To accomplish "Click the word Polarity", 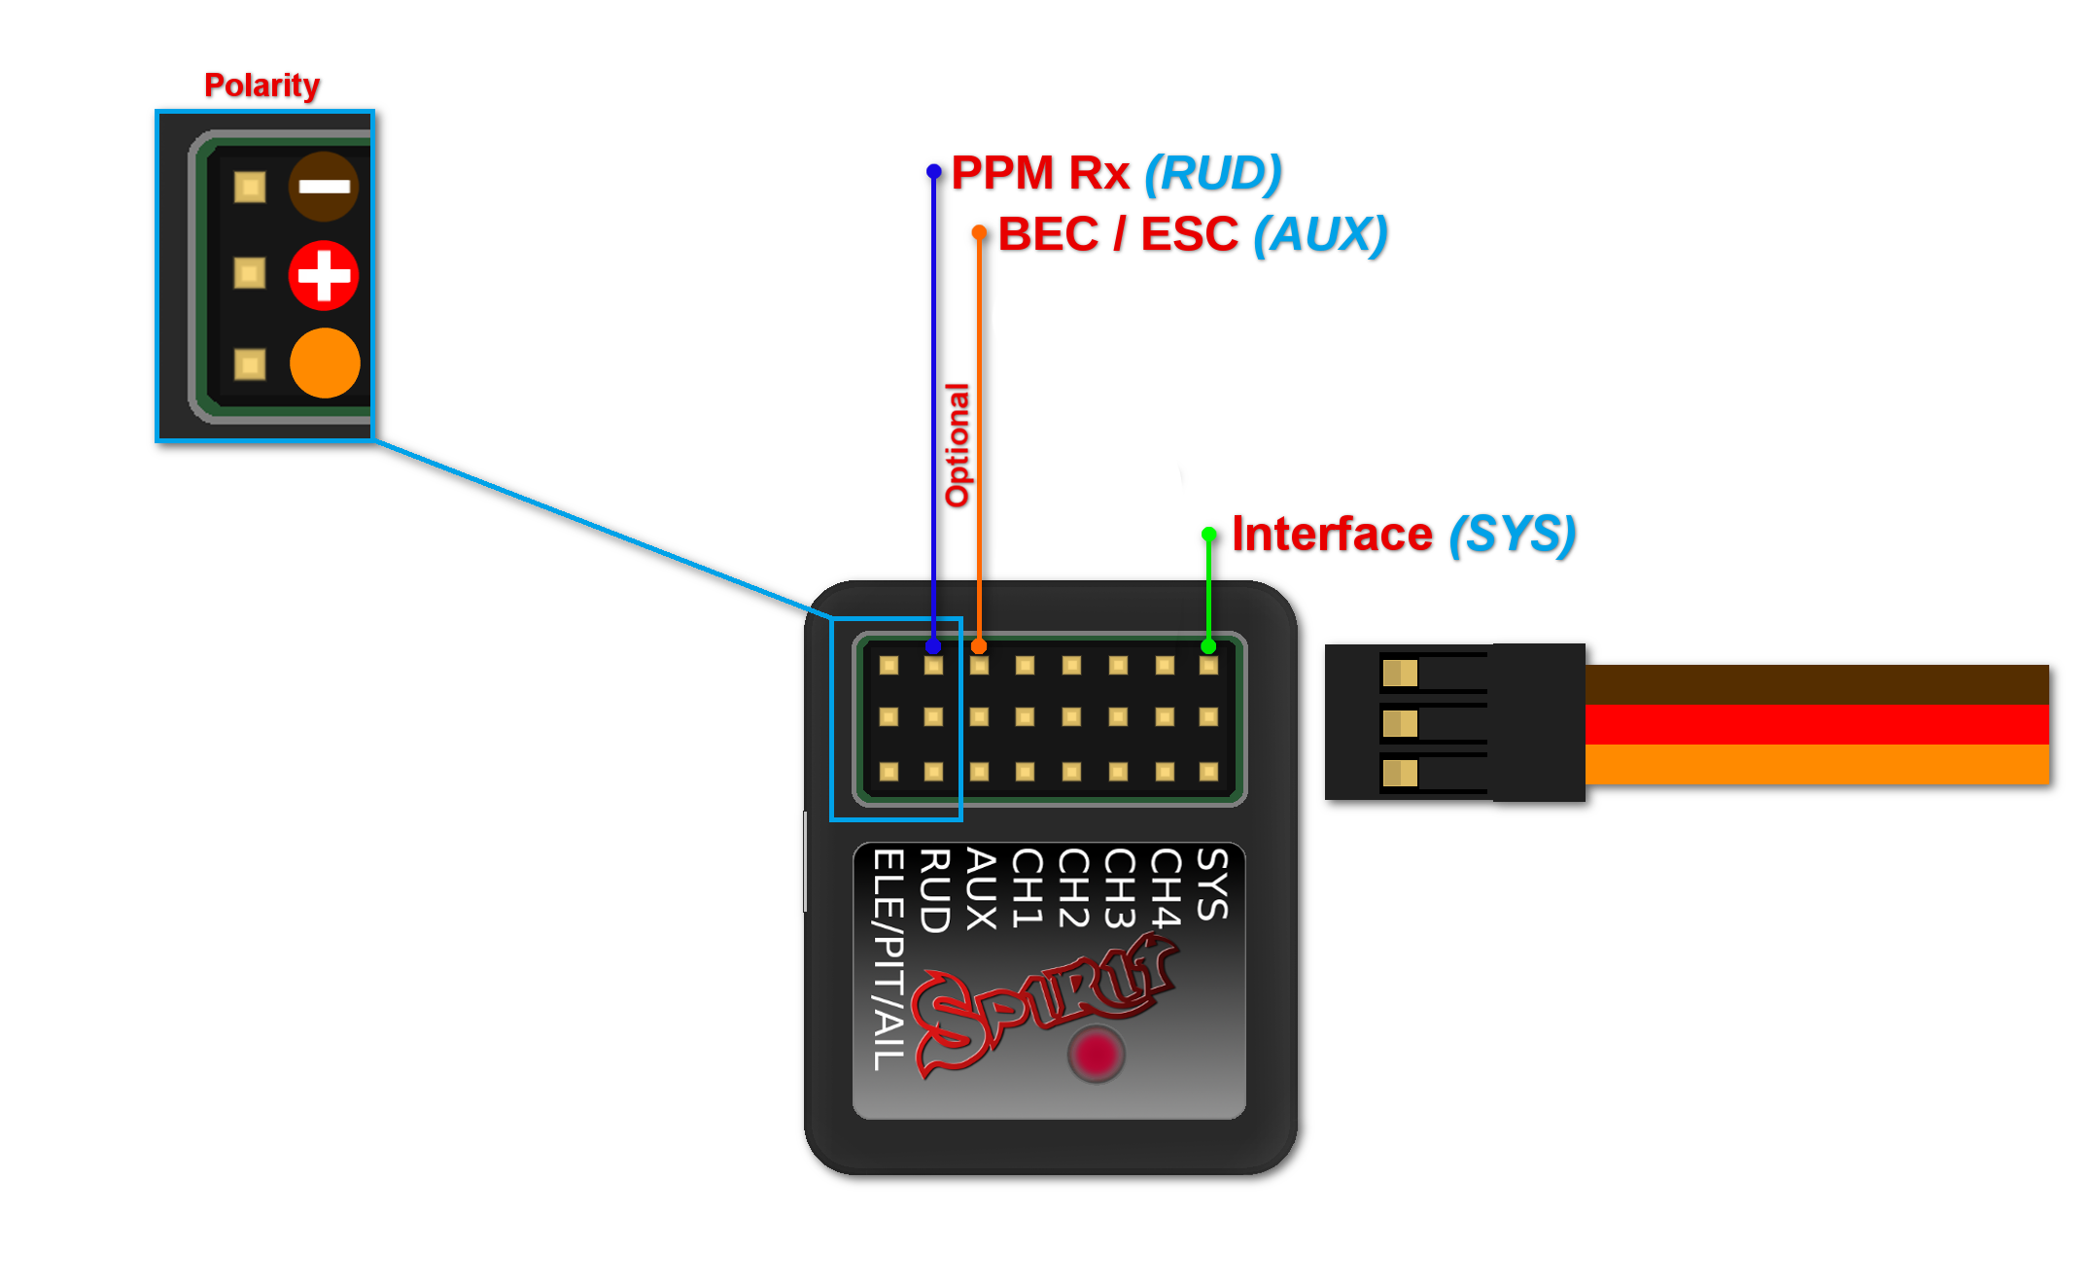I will click(x=261, y=86).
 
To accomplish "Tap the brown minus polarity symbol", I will click(x=324, y=187).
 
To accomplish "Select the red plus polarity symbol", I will click(x=324, y=275).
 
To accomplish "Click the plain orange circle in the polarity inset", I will click(x=325, y=363).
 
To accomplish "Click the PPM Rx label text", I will click(x=1039, y=173).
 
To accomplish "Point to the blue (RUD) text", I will click(x=1212, y=173).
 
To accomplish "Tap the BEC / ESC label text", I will click(x=1117, y=234).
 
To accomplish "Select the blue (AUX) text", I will click(x=1319, y=234).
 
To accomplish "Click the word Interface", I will click(x=1331, y=534).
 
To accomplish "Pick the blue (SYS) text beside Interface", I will click(x=1511, y=534).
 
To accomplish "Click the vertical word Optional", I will click(x=958, y=444).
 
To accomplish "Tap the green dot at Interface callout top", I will click(x=1208, y=534).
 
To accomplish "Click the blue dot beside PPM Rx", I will click(x=933, y=171).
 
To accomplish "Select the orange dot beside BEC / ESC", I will click(x=979, y=232).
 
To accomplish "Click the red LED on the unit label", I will click(x=1096, y=1054).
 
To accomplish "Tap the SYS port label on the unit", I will click(x=1212, y=884).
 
